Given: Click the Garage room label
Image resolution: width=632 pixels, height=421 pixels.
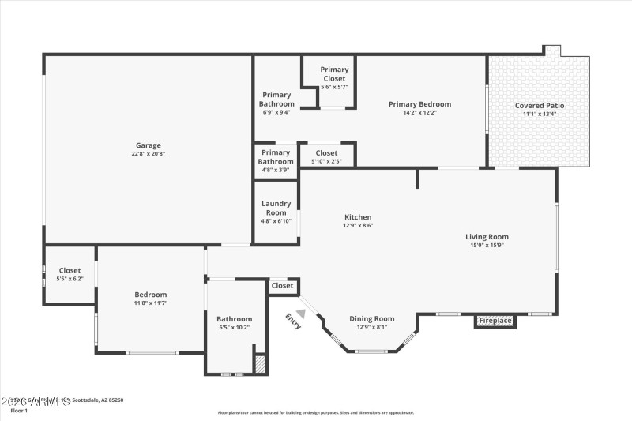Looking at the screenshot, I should [149, 145].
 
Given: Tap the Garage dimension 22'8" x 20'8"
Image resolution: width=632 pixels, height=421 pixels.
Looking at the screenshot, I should [149, 154].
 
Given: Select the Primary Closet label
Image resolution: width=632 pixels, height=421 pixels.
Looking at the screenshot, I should [334, 74].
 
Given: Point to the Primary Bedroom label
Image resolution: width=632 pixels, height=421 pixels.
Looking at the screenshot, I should [419, 104].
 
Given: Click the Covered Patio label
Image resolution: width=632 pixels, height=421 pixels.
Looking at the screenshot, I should [540, 105].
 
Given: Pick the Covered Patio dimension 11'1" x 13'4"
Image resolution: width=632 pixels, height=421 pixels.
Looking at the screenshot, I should [540, 114].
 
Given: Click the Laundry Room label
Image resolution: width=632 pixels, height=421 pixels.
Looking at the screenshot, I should [276, 208].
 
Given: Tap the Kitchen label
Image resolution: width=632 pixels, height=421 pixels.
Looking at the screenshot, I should [358, 217].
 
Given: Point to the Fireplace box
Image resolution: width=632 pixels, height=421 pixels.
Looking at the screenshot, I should [495, 321].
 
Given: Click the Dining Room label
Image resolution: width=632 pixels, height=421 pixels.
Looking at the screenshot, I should [371, 319].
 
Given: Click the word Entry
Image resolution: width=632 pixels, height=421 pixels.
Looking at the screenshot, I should [293, 321].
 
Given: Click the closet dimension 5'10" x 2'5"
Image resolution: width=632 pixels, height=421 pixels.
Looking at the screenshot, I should [326, 161].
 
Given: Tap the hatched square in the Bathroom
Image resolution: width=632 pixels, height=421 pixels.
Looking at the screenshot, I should [260, 364].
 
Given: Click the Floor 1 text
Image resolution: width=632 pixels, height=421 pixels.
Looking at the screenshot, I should [18, 411].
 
